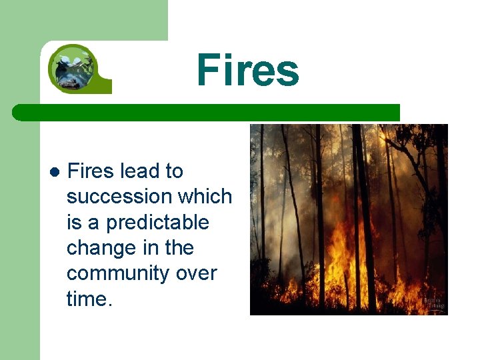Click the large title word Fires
click(x=247, y=71)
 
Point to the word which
click(x=207, y=197)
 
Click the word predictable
click(x=157, y=223)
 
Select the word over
click(x=197, y=274)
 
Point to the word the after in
click(x=179, y=248)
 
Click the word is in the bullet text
click(x=74, y=223)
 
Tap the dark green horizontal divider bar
click(x=207, y=113)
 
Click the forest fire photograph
click(x=349, y=219)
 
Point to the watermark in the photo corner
click(x=433, y=304)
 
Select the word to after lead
click(x=174, y=171)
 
